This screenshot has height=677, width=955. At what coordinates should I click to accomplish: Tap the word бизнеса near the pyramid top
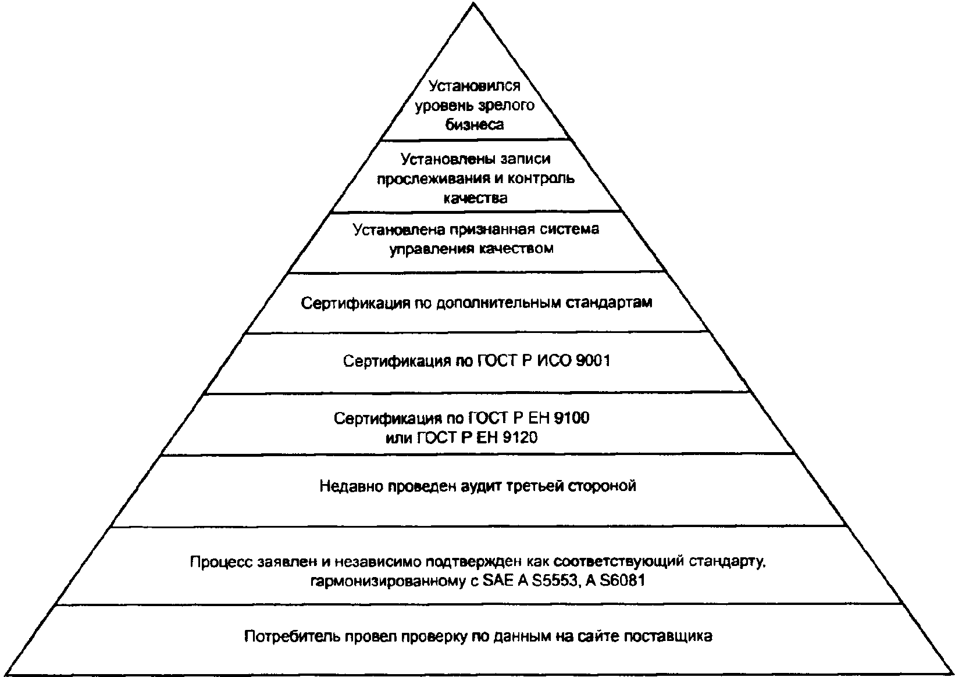click(475, 125)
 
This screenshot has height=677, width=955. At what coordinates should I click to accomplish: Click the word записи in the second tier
click(525, 159)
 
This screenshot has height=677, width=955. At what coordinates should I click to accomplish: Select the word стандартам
click(609, 303)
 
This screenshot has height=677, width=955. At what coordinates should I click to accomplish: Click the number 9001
click(593, 361)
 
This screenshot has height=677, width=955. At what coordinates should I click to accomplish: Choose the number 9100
click(571, 418)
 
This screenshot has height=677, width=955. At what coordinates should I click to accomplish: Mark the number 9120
click(520, 438)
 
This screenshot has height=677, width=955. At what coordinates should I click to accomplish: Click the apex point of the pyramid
click(473, 3)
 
